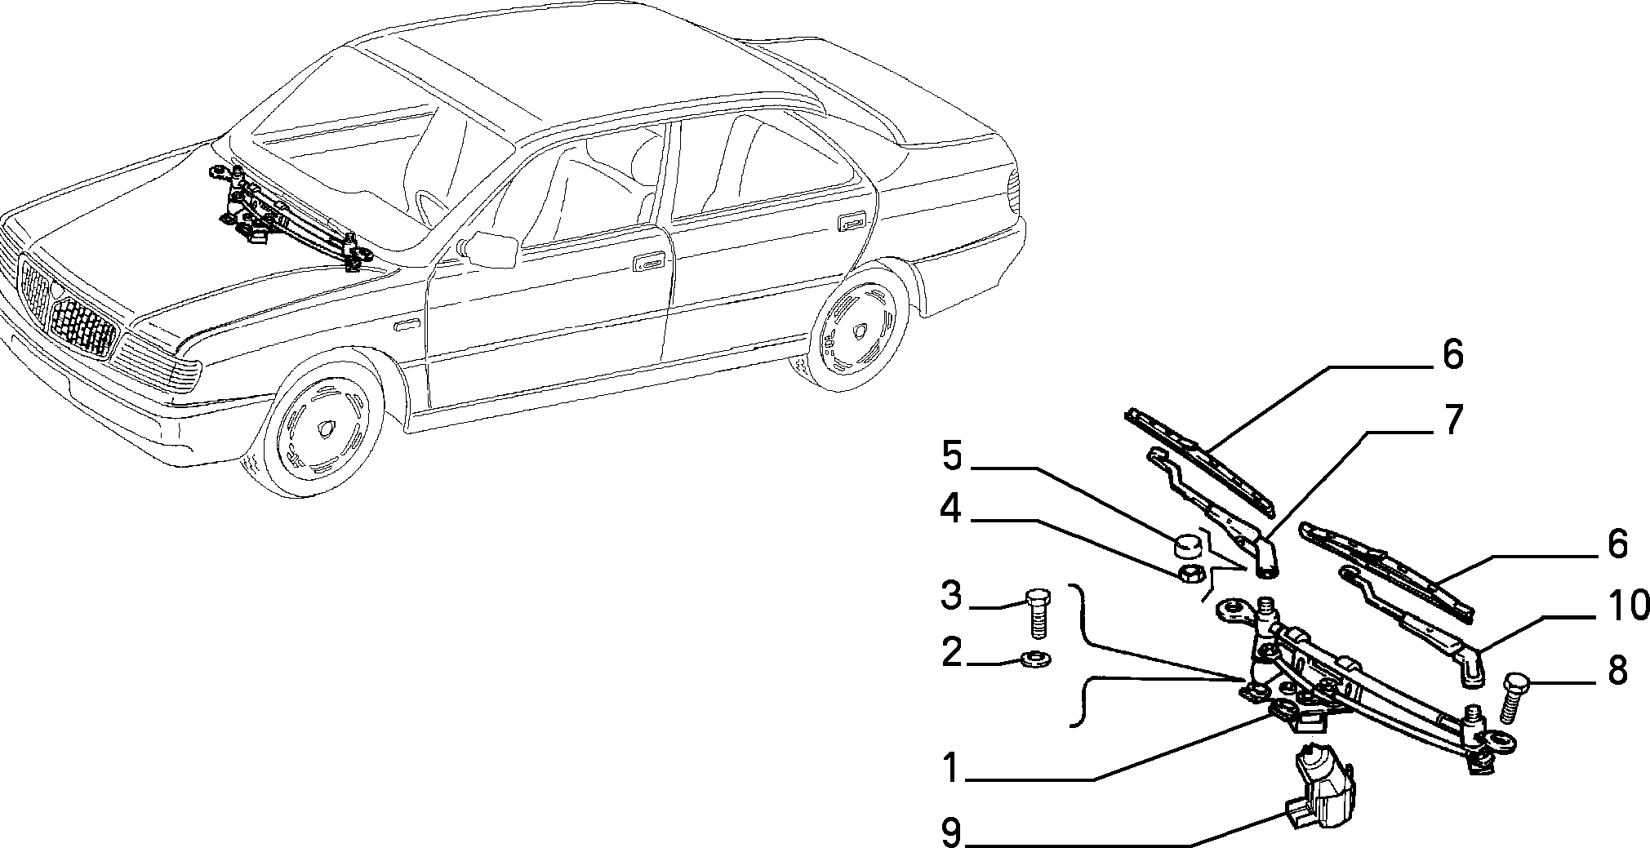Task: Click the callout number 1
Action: pos(950,766)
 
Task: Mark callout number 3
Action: pos(950,596)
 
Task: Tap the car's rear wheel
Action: pos(859,324)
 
